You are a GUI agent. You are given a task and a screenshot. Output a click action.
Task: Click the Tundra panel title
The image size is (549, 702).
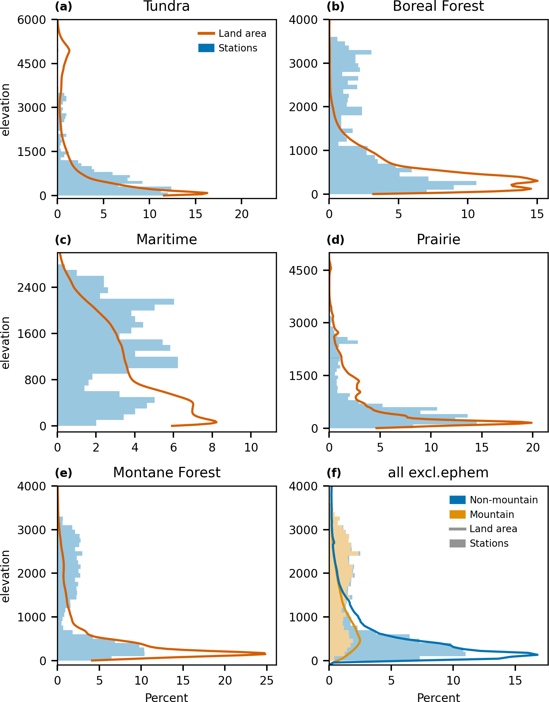pyautogui.click(x=166, y=6)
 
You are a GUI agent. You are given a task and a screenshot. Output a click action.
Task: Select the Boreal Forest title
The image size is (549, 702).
pyautogui.click(x=438, y=6)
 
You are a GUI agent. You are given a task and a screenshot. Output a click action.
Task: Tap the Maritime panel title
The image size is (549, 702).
pyautogui.click(x=166, y=239)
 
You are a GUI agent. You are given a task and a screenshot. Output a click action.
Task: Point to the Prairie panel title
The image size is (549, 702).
pyautogui.click(x=438, y=239)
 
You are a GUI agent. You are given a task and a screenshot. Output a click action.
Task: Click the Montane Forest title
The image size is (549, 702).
pyautogui.click(x=166, y=472)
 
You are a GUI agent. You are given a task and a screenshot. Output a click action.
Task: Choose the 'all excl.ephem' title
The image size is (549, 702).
pyautogui.click(x=438, y=472)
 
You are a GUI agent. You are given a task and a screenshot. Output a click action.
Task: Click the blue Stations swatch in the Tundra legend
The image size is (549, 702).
pyautogui.click(x=206, y=48)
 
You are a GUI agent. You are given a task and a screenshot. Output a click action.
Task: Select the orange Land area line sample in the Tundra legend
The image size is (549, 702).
pyautogui.click(x=206, y=33)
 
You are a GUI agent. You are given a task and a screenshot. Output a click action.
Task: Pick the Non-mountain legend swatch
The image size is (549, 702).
pyautogui.click(x=457, y=500)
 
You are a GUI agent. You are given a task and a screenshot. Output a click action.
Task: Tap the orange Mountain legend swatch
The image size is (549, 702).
pyautogui.click(x=457, y=514)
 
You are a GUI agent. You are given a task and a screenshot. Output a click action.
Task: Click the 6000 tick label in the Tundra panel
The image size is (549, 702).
pyautogui.click(x=32, y=20)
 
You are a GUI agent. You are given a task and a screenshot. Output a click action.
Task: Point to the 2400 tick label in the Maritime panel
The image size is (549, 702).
pyautogui.click(x=32, y=288)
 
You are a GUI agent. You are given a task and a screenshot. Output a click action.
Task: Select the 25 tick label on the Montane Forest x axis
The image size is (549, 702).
pyautogui.click(x=267, y=680)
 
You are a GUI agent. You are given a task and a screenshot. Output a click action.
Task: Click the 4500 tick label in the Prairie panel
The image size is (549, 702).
pyautogui.click(x=303, y=270)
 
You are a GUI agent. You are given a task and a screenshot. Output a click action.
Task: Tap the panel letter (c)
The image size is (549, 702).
pyautogui.click(x=63, y=240)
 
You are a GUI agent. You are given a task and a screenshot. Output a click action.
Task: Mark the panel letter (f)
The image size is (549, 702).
pyautogui.click(x=334, y=473)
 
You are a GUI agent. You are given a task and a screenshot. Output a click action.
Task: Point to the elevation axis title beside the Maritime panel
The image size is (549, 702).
pyautogui.click(x=6, y=342)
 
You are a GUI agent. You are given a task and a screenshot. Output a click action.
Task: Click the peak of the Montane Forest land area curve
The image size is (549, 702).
pyautogui.click(x=265, y=654)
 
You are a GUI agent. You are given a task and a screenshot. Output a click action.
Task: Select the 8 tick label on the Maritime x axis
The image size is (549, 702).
pyautogui.click(x=212, y=447)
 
